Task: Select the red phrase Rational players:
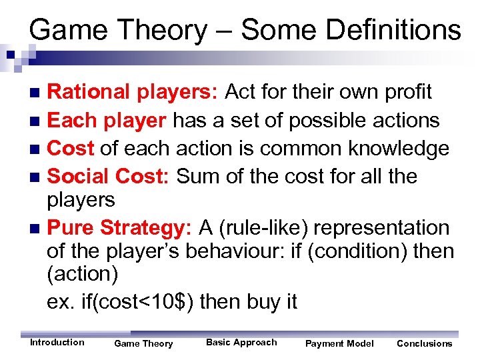coord(133,92)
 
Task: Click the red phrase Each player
coord(107,120)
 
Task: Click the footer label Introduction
coord(57,343)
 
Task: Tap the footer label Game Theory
coord(143,344)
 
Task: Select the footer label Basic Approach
coord(241,343)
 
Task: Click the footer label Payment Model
coord(339,344)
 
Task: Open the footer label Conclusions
coord(424,344)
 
